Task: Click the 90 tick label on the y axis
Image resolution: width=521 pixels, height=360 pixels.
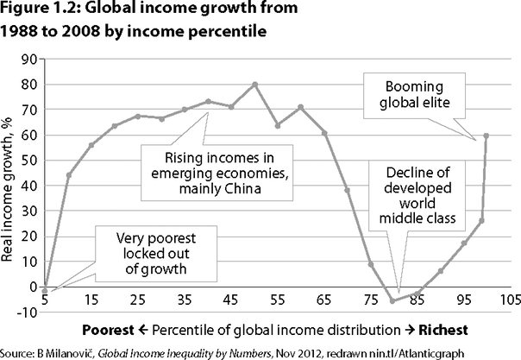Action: (x=29, y=60)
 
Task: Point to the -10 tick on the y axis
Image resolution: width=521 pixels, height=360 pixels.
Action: (x=26, y=312)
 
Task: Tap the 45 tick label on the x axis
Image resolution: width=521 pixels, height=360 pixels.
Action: (x=231, y=303)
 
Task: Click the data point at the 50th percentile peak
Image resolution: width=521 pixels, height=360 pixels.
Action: (x=254, y=85)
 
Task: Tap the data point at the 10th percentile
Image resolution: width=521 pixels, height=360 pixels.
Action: (x=68, y=175)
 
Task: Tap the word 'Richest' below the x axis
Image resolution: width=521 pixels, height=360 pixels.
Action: (x=440, y=330)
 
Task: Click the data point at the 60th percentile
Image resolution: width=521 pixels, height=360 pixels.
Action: (x=300, y=106)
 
